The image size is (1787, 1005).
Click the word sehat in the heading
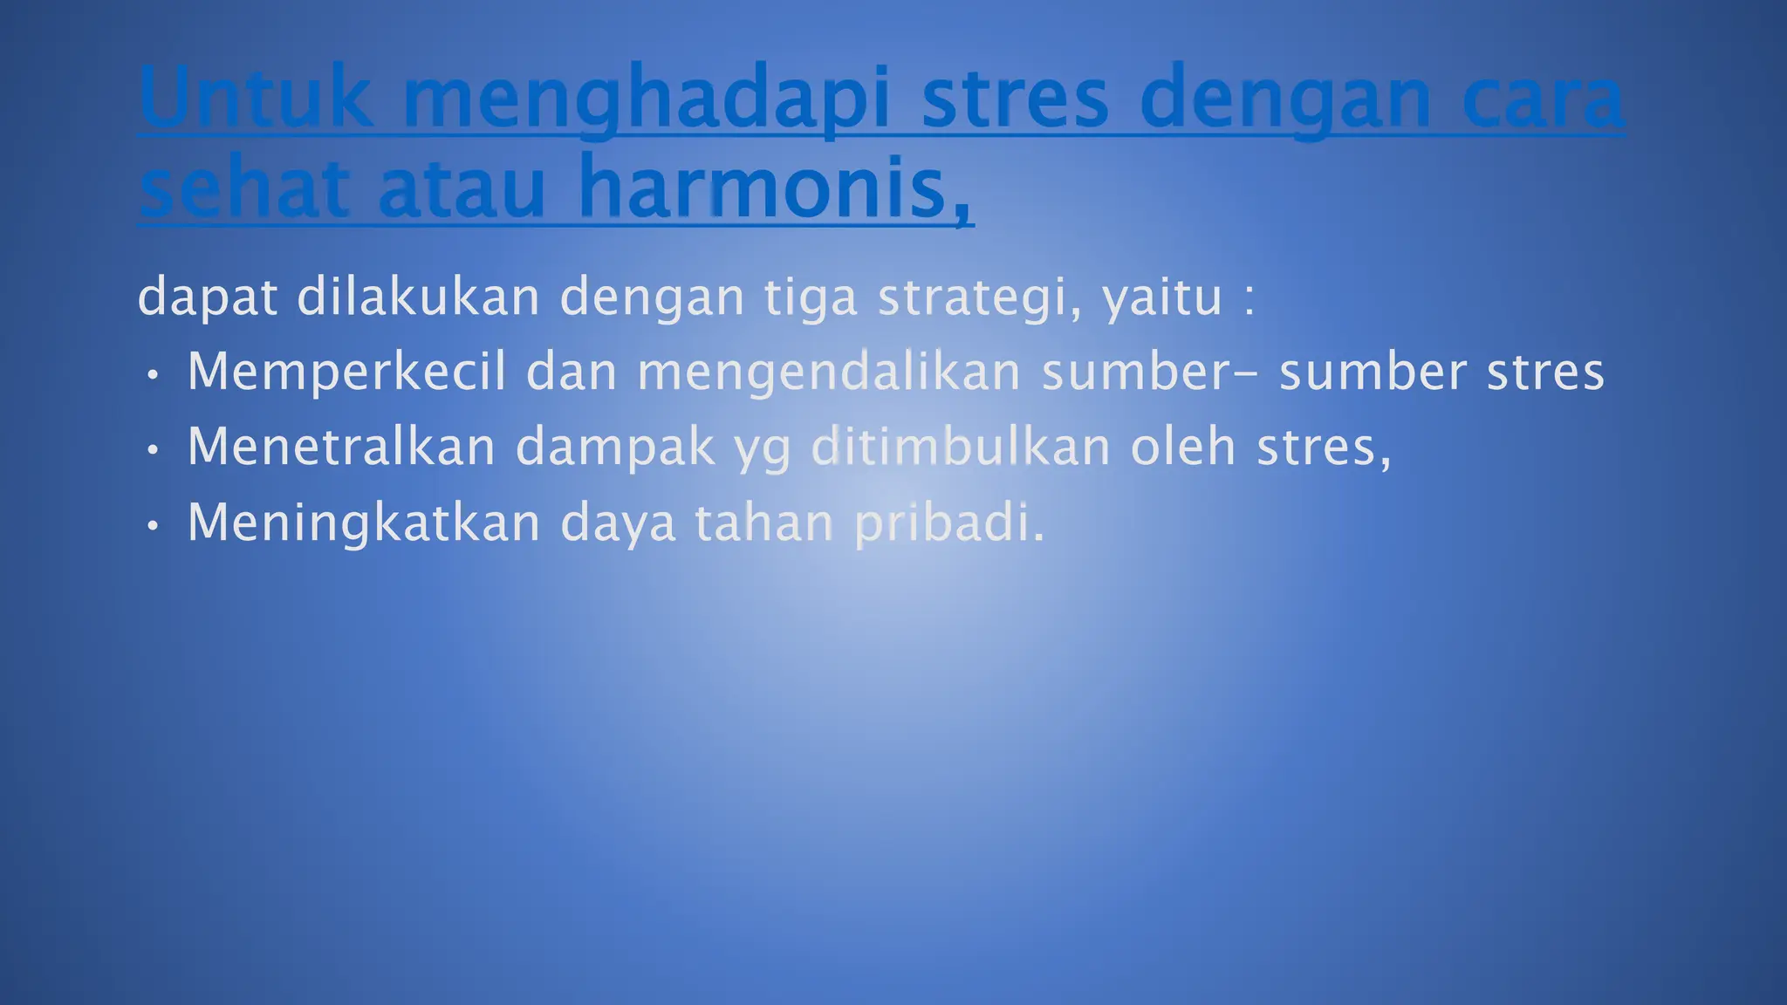(x=243, y=188)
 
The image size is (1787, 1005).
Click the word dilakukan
(x=419, y=297)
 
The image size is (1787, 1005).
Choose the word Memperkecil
(x=346, y=373)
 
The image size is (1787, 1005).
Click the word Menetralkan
(x=341, y=448)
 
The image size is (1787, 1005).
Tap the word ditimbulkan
(x=961, y=448)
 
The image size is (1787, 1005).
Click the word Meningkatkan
(x=364, y=524)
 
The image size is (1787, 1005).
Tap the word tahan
(x=764, y=523)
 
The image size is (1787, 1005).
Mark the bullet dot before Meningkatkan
(x=154, y=526)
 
